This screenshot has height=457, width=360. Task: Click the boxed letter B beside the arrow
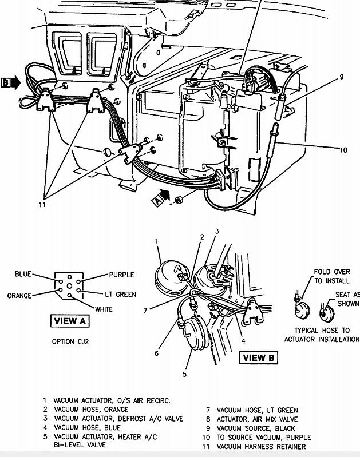[x=6, y=82]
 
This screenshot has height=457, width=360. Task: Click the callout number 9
[x=341, y=77]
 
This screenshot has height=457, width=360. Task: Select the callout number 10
[x=343, y=150]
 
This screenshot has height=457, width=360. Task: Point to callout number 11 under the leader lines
[x=42, y=205]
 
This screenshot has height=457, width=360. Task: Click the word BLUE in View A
[x=23, y=274]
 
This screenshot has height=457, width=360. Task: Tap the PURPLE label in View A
[x=122, y=275]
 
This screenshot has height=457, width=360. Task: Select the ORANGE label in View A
[x=19, y=296]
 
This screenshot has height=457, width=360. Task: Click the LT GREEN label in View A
[x=121, y=295]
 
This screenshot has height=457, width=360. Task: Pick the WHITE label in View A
[x=104, y=309]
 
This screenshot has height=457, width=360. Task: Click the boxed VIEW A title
[x=70, y=321]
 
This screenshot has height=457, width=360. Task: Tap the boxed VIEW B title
[x=259, y=357]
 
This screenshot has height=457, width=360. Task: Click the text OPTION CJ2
[x=70, y=341]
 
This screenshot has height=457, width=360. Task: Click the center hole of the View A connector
[x=69, y=286]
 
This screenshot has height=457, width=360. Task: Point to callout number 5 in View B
[x=185, y=374]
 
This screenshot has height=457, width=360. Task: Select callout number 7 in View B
[x=145, y=311]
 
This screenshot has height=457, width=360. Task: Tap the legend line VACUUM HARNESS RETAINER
[x=261, y=447]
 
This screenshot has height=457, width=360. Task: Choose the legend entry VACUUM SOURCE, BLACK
[x=256, y=428]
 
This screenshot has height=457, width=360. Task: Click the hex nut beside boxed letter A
[x=178, y=200]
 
